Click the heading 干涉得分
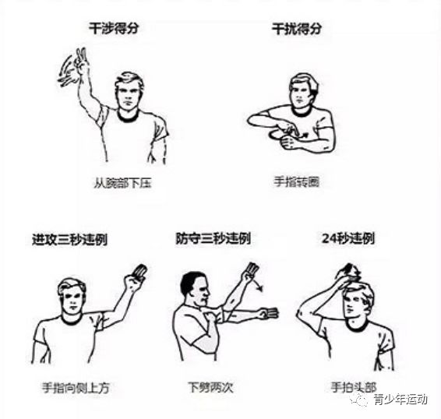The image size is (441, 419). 114,28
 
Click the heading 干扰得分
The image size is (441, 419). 297,29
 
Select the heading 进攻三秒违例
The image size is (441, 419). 70,240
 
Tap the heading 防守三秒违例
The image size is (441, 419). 213,239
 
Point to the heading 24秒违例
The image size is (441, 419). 348,239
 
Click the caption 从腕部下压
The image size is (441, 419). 122,183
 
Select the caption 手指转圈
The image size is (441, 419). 297,181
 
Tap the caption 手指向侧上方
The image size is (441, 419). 76,388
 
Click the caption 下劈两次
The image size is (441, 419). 211,387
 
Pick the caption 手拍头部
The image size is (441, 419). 353,387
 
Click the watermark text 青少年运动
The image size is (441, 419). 400,400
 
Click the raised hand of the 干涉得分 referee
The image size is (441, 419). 82,61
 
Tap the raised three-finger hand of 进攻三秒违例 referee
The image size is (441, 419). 136,276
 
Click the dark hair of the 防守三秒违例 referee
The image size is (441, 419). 190,282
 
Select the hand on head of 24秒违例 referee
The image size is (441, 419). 348,272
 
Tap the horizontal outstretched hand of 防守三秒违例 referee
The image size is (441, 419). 269,313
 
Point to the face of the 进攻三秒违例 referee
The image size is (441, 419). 72,298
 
